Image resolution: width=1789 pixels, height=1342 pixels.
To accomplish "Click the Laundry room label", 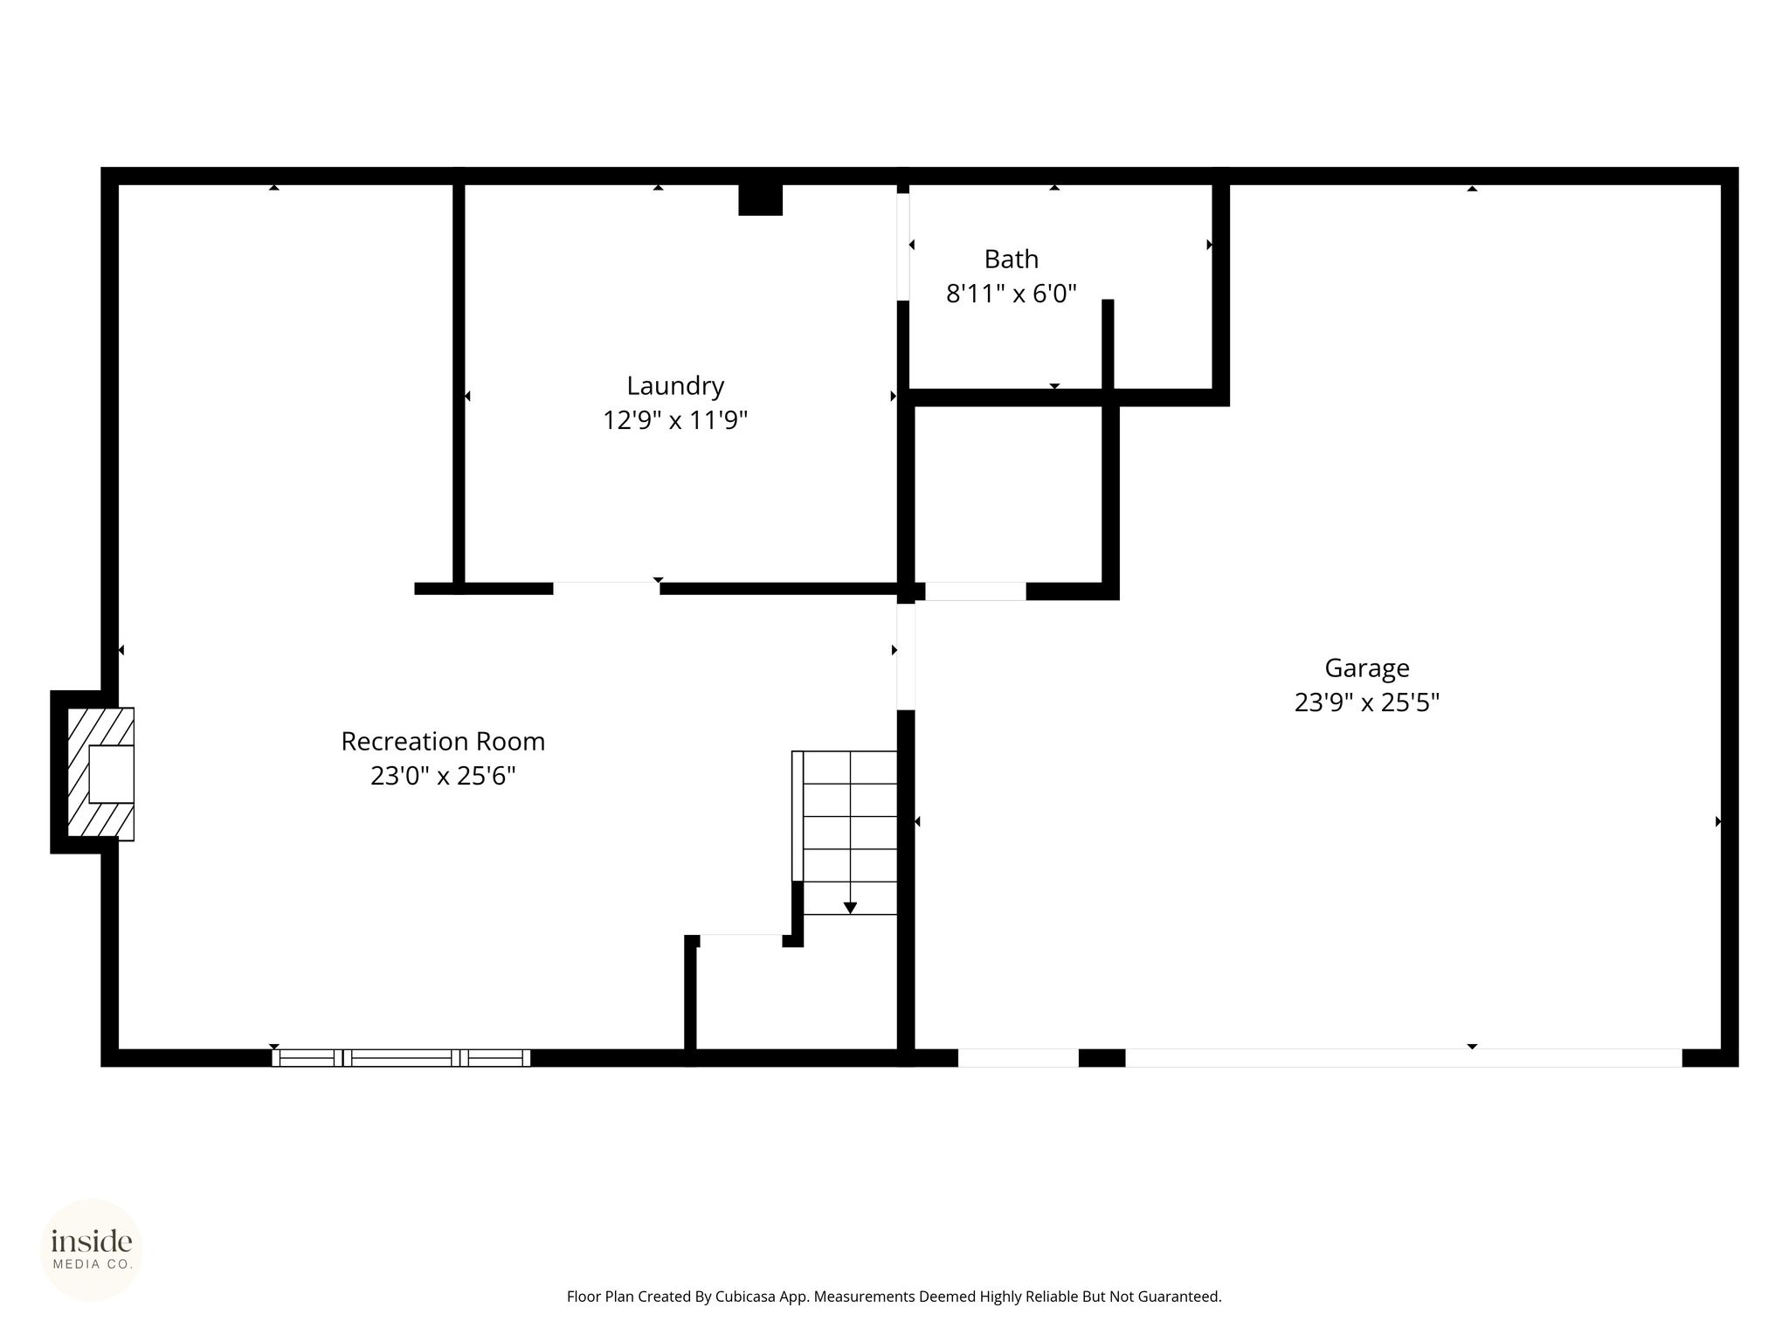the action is pyautogui.click(x=675, y=386).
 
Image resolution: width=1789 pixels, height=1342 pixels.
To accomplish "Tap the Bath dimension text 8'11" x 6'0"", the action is pyautogui.click(x=1012, y=294).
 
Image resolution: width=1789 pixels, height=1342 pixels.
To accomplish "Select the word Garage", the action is pyautogui.click(x=1367, y=668).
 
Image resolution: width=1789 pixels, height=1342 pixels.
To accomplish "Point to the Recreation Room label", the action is pyautogui.click(x=443, y=742).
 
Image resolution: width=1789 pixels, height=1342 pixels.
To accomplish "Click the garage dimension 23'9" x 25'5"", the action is pyautogui.click(x=1367, y=702).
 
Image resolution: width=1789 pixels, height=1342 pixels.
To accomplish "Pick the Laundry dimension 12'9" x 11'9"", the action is pyautogui.click(x=675, y=421).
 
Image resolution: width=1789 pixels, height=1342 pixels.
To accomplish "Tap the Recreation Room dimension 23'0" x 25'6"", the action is pyautogui.click(x=443, y=776).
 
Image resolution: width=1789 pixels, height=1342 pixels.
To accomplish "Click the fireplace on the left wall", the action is pyautogui.click(x=93, y=773).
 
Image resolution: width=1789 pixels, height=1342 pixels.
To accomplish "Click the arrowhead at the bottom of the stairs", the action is pyautogui.click(x=850, y=909).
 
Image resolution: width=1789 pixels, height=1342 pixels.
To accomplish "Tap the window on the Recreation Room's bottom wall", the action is pyautogui.click(x=401, y=1058).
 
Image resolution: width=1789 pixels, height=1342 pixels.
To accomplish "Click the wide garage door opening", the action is pyautogui.click(x=1404, y=1058).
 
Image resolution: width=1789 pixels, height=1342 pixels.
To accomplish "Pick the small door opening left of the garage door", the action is pyautogui.click(x=1019, y=1058).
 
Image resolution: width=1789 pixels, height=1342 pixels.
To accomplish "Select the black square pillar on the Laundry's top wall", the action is pyautogui.click(x=760, y=199).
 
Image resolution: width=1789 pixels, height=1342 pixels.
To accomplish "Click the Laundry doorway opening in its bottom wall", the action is pyautogui.click(x=606, y=588).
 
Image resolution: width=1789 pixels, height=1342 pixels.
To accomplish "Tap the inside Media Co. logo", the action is pyautogui.click(x=92, y=1249).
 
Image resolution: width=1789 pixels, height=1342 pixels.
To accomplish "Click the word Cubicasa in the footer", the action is pyautogui.click(x=748, y=1297).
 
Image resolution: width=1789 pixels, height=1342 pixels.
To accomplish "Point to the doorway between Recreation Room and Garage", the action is pyautogui.click(x=906, y=656).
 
